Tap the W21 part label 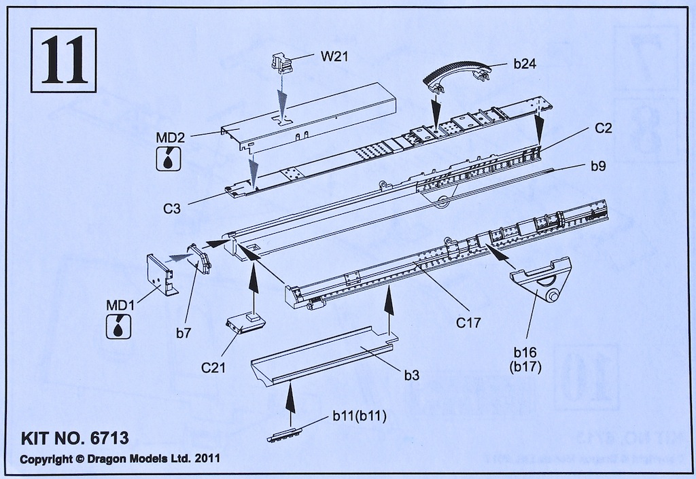[334, 56]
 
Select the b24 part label [525, 65]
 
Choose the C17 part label [469, 323]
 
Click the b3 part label [413, 374]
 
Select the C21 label [214, 368]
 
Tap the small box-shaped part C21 [245, 325]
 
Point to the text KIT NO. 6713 [74, 437]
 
